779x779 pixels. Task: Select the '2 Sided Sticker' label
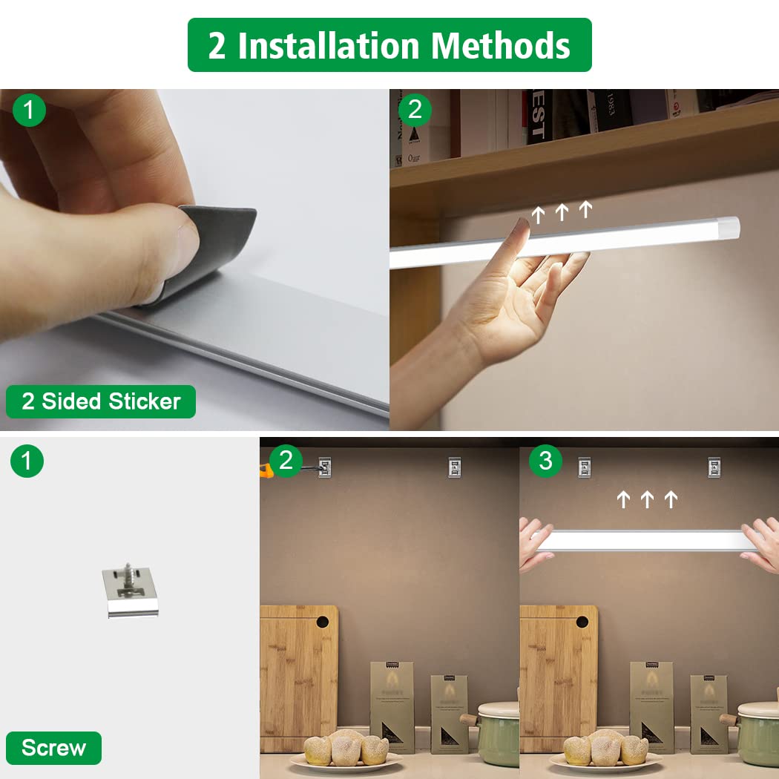(101, 401)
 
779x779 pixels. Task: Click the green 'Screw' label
(53, 747)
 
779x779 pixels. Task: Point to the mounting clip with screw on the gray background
(130, 591)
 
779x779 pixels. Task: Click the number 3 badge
(545, 461)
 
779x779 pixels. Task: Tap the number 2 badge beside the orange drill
(286, 461)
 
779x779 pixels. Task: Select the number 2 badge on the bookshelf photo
(415, 110)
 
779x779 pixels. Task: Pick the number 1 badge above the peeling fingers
(29, 111)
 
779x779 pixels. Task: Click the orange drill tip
(264, 467)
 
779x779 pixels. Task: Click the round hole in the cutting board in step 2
(323, 622)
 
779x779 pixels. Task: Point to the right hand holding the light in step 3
(760, 544)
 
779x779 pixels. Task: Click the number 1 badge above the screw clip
(27, 461)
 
